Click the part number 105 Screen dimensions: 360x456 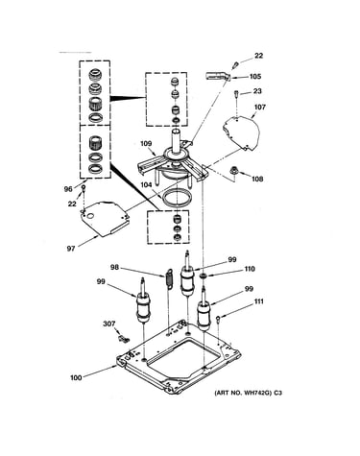click(255, 77)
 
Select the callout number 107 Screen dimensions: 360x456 click(259, 107)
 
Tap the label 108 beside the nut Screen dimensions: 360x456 click(257, 179)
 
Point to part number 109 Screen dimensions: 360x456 click(146, 144)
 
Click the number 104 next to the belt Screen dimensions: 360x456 click(146, 184)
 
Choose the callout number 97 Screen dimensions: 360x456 click(71, 249)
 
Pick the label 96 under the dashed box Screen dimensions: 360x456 click(68, 189)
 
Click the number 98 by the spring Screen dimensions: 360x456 click(115, 267)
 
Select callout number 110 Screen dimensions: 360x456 click(250, 269)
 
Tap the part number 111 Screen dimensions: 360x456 click(259, 301)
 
